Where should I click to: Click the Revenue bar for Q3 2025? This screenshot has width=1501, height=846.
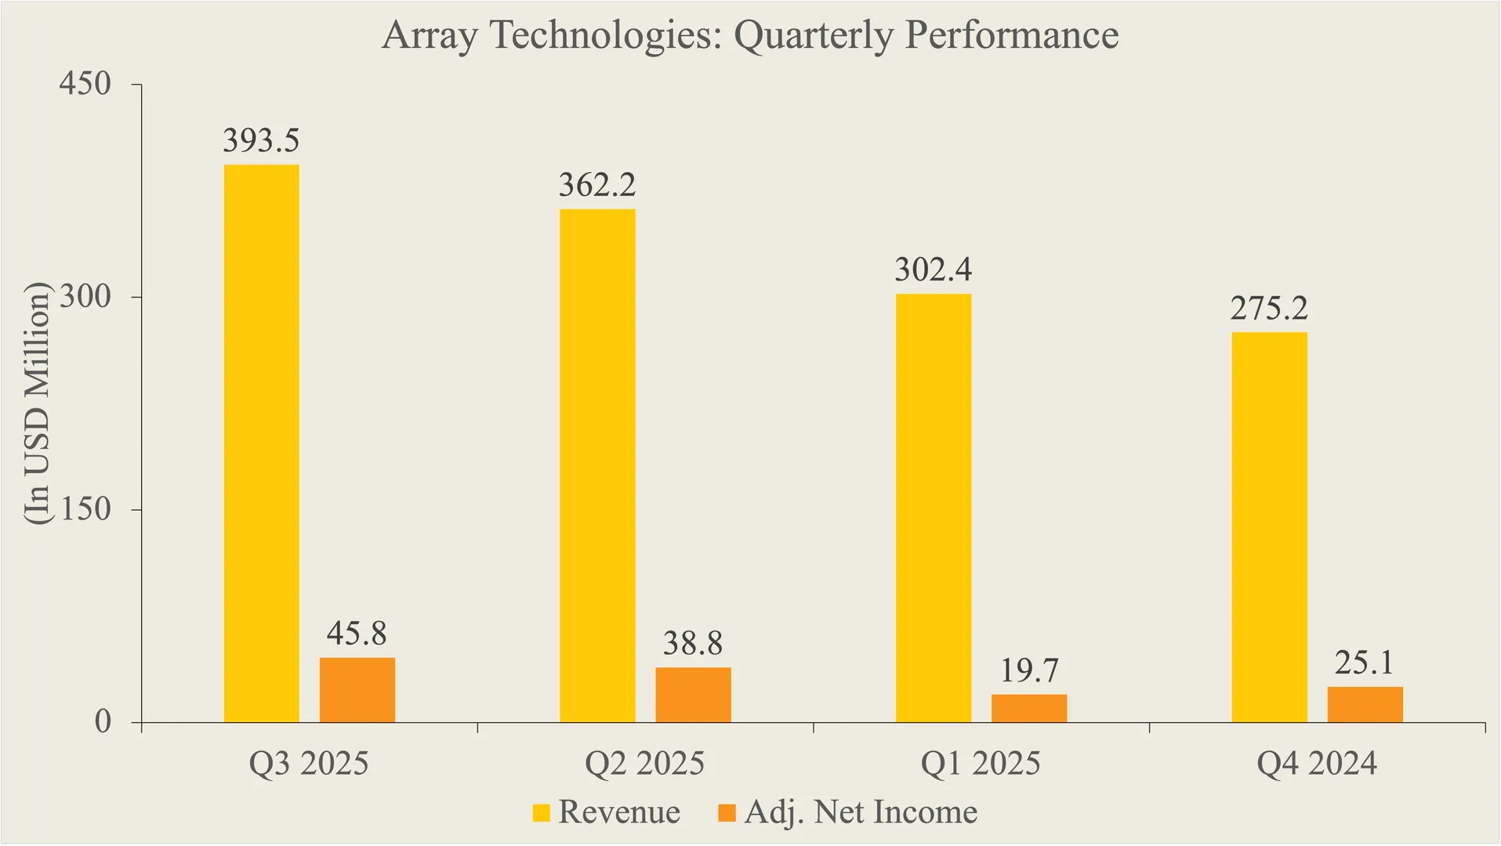pos(261,443)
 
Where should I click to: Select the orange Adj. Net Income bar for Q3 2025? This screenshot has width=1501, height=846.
pos(357,689)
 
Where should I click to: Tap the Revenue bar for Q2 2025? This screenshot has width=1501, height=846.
pos(597,465)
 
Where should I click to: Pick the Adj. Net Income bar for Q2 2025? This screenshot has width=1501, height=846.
pos(693,695)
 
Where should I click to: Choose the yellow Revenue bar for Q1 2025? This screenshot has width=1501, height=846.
pos(933,508)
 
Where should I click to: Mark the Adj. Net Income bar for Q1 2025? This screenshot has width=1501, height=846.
pos(1028,708)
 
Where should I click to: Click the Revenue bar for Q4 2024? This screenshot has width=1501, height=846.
pos(1269,527)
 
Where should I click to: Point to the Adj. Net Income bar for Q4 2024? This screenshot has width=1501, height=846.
pos(1365,704)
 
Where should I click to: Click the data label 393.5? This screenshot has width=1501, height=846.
pos(261,141)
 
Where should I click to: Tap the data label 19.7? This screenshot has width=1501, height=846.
pos(1028,671)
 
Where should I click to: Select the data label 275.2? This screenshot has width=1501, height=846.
pos(1269,309)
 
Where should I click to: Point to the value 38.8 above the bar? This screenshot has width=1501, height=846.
pos(693,644)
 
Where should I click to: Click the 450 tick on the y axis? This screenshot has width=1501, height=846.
pos(85,84)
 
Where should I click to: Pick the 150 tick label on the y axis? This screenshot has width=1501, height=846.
pos(85,510)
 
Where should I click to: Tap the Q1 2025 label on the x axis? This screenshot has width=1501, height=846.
pos(980,764)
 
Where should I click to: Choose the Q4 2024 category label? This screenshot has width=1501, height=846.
pos(1316,764)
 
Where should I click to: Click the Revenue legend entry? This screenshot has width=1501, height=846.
pos(618,812)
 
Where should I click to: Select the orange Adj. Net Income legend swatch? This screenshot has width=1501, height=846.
pos(727,813)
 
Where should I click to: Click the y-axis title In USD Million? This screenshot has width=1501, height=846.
pos(36,403)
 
